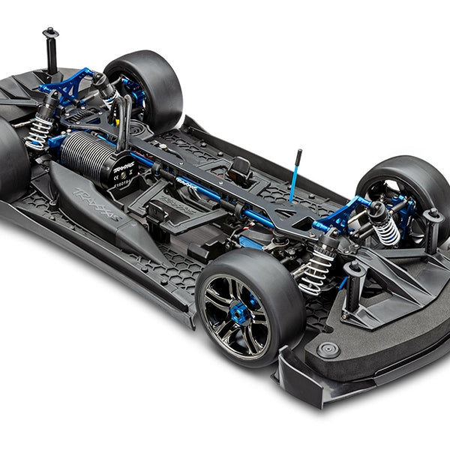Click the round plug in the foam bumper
328,349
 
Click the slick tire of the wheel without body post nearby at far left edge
11,161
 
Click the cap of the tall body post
50,31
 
